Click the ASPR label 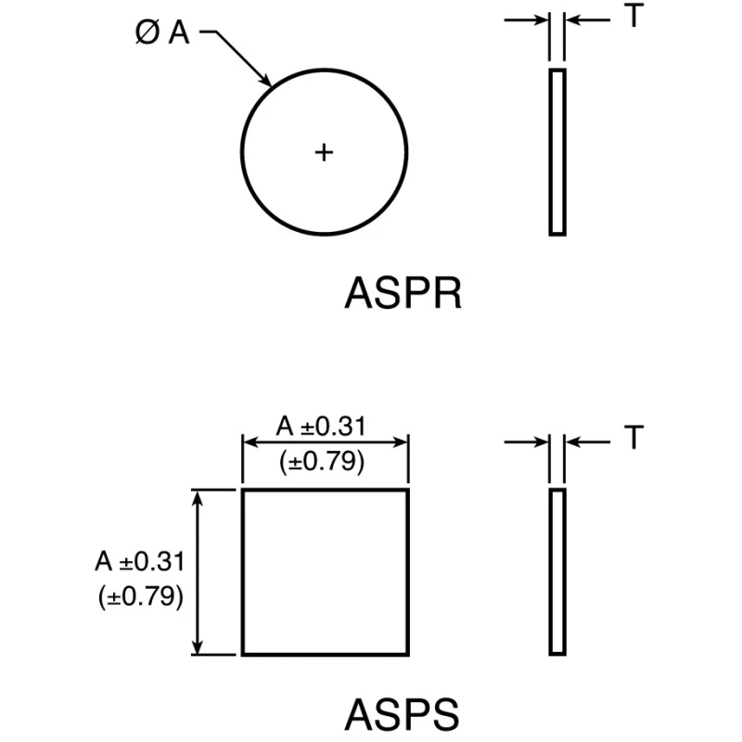(403, 293)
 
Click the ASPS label (402, 714)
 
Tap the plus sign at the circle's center (324, 152)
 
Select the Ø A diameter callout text (162, 33)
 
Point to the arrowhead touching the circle (265, 80)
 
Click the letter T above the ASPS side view (633, 437)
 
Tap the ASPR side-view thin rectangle (557, 152)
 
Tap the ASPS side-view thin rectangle (557, 572)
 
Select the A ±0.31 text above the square (321, 426)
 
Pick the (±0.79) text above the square (322, 461)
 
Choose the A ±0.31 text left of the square (140, 561)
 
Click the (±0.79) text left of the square (141, 595)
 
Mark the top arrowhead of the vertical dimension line (198, 497)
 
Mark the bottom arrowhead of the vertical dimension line (198, 647)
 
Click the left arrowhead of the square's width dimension (249, 442)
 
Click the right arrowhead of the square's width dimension (401, 442)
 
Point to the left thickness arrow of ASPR (526, 19)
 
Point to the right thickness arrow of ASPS (588, 442)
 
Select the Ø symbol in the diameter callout (147, 33)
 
